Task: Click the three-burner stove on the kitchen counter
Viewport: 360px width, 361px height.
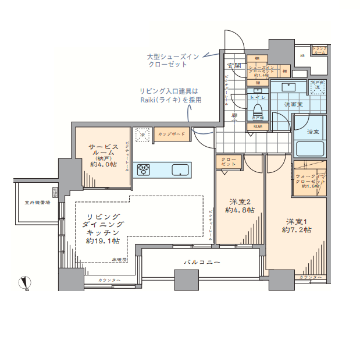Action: [x=144, y=170]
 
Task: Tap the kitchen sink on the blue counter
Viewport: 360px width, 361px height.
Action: [x=180, y=170]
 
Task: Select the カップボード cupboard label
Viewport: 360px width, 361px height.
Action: [x=172, y=134]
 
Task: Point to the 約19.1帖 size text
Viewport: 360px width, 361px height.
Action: [x=103, y=240]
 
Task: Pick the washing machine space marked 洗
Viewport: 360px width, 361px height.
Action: [x=317, y=87]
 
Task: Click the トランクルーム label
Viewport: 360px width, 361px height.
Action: [x=319, y=51]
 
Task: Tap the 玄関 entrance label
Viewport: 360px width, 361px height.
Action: [x=234, y=65]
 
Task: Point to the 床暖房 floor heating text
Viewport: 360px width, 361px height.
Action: [x=119, y=259]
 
